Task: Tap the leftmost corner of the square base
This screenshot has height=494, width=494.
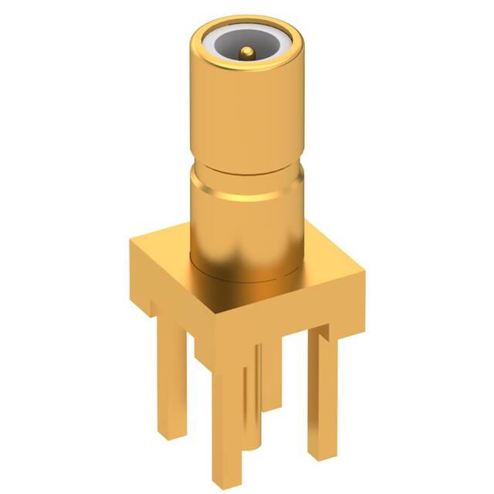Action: click(130, 241)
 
